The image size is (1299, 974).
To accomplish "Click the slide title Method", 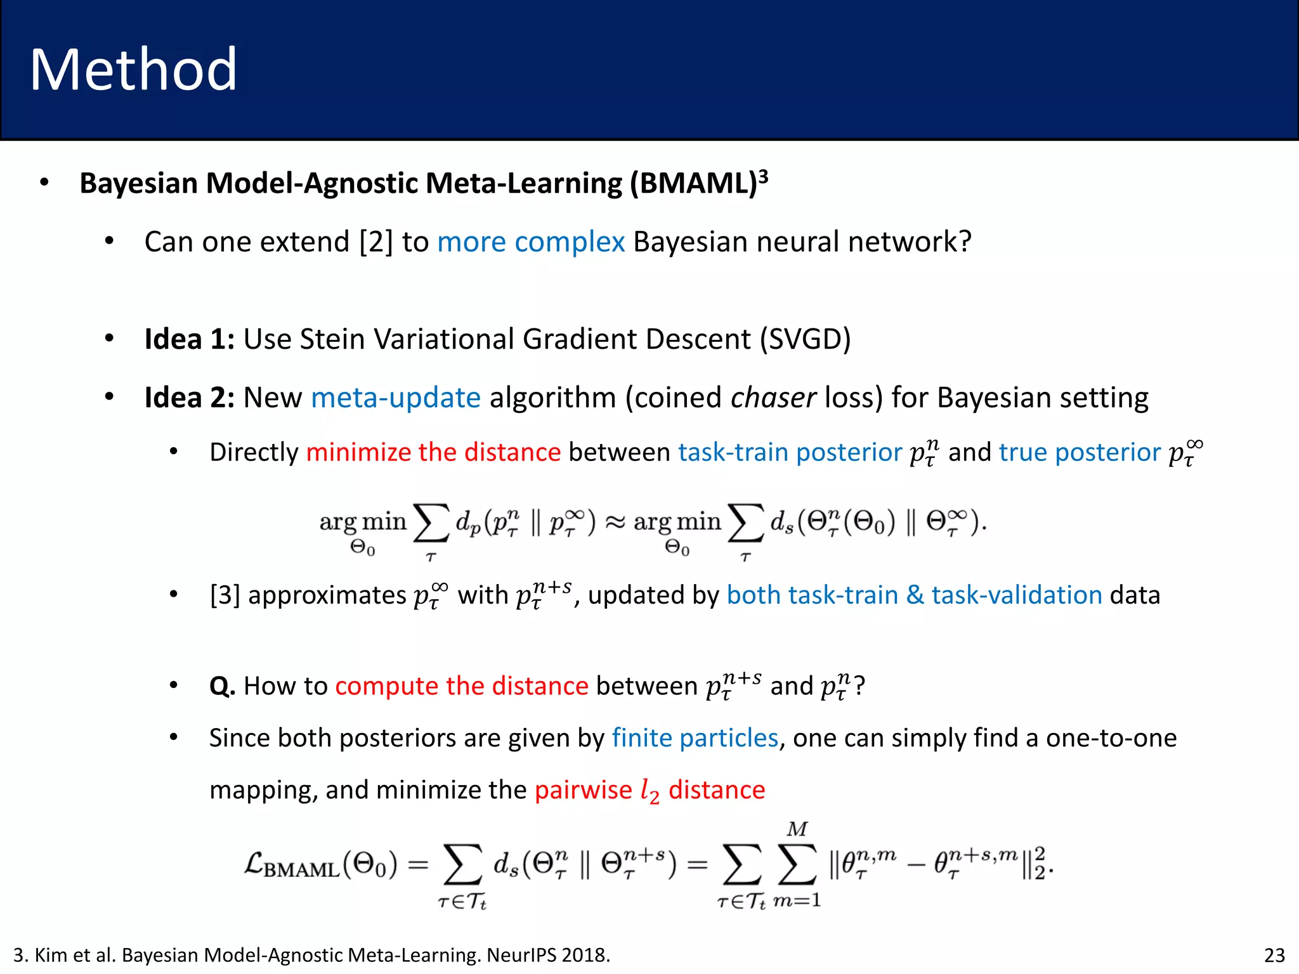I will coord(133,70).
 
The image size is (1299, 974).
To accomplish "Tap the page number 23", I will coord(1274,955).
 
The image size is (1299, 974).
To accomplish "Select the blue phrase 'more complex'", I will coord(531,242).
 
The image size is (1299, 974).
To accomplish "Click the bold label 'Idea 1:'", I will coord(190,339).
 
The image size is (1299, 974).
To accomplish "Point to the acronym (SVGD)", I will coord(805,339).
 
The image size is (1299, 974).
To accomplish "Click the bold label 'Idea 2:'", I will coord(190,398).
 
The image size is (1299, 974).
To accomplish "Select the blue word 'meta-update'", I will coord(396,398).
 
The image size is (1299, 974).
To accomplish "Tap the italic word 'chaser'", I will coord(773,398).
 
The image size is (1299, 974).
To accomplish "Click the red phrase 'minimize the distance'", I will coord(433,453).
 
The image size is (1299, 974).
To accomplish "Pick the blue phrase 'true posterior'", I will coord(1080,453).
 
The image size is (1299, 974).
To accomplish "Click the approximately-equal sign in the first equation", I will coord(615,523).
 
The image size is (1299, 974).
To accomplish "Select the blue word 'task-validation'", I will coord(1017,595).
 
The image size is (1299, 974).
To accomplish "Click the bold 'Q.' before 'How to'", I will coord(223,686).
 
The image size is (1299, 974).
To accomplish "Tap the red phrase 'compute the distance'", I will coord(462,686).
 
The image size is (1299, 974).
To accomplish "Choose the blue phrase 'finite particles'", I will coord(695,738).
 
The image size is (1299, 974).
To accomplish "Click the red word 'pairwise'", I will coord(584,790).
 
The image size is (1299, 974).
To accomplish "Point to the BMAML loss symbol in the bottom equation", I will coord(292,866).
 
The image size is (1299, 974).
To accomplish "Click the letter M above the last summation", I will coord(797,829).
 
